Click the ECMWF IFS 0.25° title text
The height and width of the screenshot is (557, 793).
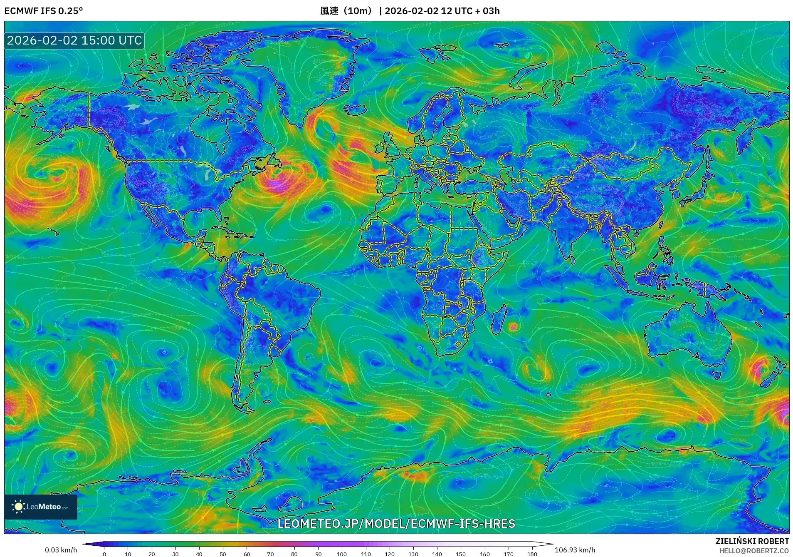(x=43, y=11)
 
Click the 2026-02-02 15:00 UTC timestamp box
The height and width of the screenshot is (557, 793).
(x=74, y=40)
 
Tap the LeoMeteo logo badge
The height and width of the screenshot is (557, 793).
(x=41, y=507)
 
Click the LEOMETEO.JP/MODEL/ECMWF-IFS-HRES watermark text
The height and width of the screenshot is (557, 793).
(x=396, y=523)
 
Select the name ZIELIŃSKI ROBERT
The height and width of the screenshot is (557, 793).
(x=752, y=541)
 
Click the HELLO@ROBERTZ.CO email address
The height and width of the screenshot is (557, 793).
(x=754, y=551)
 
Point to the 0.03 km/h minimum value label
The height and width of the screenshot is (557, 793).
(x=61, y=550)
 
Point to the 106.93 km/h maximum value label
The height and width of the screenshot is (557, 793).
(x=575, y=550)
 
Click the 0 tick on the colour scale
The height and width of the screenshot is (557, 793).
(x=104, y=554)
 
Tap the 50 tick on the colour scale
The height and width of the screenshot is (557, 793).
(x=223, y=554)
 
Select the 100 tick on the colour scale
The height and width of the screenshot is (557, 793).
(x=342, y=554)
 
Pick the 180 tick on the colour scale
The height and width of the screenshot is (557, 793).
(x=532, y=554)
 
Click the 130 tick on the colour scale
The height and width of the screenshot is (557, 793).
(x=413, y=554)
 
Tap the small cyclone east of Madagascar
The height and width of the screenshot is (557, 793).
(x=514, y=327)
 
